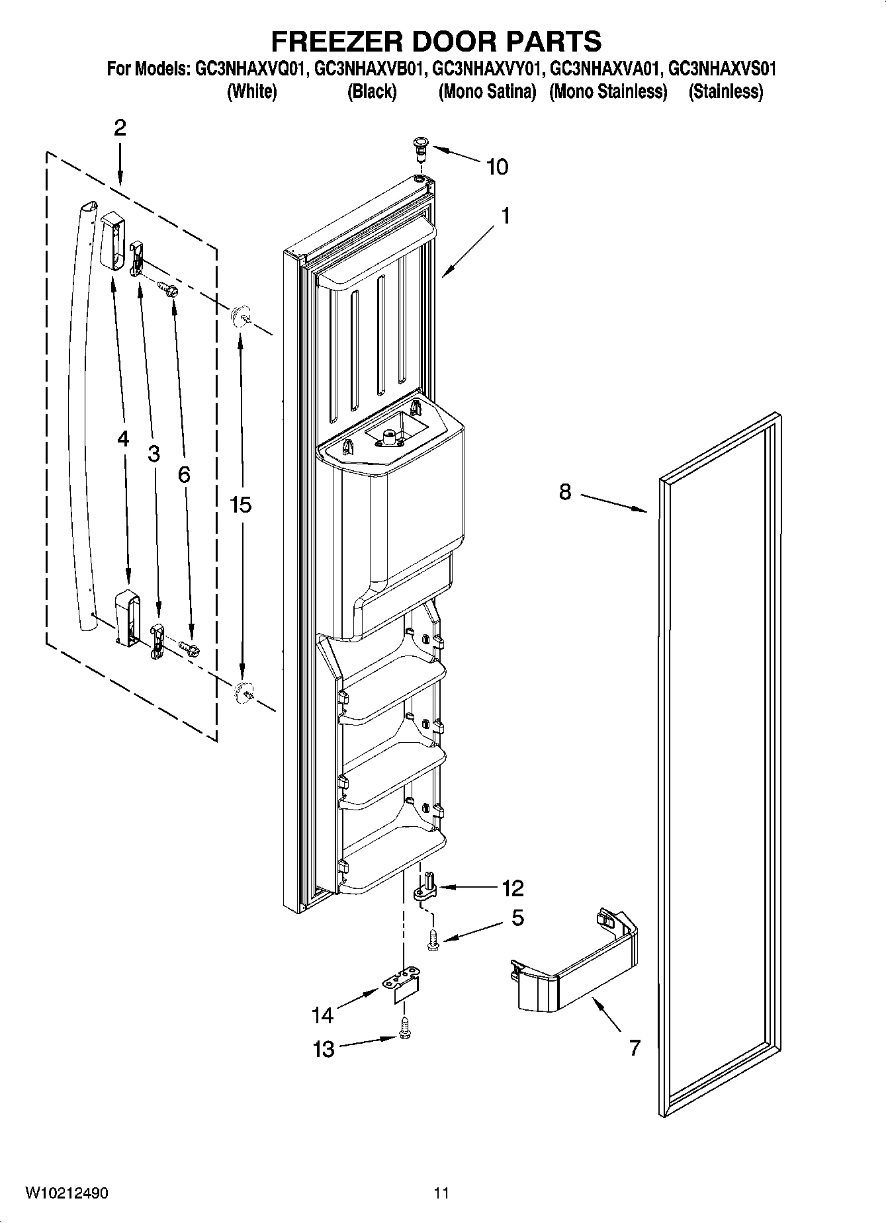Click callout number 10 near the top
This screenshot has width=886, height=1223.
pos(497,167)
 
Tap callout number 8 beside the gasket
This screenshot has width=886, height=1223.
pos(564,491)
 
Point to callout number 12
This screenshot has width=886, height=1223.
pos(512,888)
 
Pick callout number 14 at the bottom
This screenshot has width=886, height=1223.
pos(322,1015)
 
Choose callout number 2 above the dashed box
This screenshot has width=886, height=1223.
pos(120,128)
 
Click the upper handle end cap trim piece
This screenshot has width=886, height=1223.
pos(112,241)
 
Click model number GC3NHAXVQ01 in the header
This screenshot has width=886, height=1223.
pos(251,69)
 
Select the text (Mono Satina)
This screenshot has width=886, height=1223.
pos(487,92)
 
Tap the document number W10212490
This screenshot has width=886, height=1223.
pos(67,1193)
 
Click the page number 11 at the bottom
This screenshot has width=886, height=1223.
pos(441,1193)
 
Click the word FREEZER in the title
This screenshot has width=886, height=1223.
pos(335,41)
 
